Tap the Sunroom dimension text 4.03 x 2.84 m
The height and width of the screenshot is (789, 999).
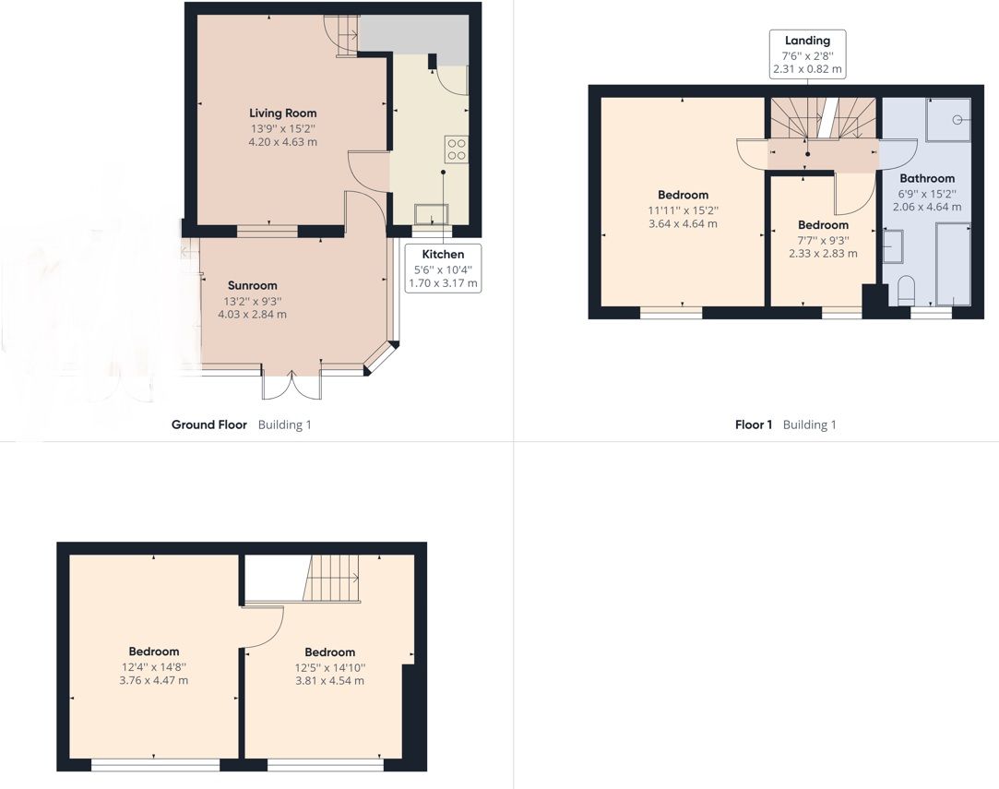click(x=252, y=314)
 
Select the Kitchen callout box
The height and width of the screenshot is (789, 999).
click(x=443, y=269)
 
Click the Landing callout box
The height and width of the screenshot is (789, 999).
click(x=807, y=54)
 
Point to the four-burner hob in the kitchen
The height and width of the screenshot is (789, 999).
click(x=456, y=149)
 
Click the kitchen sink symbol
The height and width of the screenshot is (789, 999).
click(x=429, y=215)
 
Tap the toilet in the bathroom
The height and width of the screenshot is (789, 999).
click(x=904, y=291)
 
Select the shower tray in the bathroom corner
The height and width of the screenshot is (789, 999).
click(x=947, y=119)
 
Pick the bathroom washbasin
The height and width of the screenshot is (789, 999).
click(x=893, y=246)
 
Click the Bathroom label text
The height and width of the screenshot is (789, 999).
click(x=927, y=178)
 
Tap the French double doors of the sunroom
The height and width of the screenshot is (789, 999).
click(x=292, y=385)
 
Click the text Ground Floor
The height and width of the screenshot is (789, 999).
click(x=209, y=424)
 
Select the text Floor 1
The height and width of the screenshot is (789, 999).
click(x=754, y=424)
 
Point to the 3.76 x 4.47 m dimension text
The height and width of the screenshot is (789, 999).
click(x=154, y=680)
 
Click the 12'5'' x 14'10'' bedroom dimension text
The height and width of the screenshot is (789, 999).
click(x=329, y=667)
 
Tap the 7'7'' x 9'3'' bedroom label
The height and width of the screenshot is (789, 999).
click(x=822, y=239)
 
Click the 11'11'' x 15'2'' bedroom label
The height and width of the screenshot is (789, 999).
click(x=683, y=209)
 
